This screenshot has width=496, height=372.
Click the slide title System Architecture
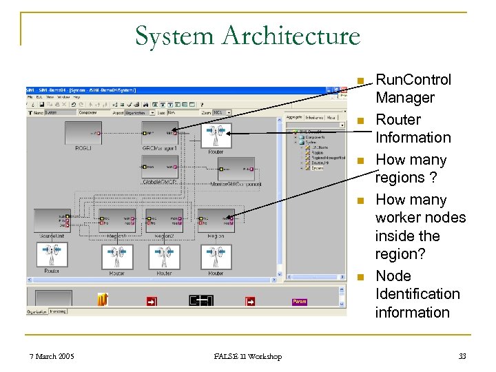(247, 35)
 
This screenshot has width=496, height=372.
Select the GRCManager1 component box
(159, 133)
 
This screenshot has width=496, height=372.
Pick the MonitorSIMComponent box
(236, 169)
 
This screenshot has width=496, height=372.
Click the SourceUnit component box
(52, 220)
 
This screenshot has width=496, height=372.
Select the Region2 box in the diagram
(164, 220)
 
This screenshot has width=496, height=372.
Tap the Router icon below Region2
(164, 257)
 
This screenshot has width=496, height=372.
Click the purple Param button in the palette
(300, 301)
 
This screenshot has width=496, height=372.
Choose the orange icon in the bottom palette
(103, 300)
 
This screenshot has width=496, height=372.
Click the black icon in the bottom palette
(201, 300)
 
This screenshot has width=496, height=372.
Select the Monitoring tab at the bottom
(58, 312)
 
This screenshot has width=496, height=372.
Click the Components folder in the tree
(316, 138)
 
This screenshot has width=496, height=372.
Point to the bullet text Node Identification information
(417, 294)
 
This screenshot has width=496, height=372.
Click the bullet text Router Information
(413, 129)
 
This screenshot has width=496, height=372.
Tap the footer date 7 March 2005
(52, 356)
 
